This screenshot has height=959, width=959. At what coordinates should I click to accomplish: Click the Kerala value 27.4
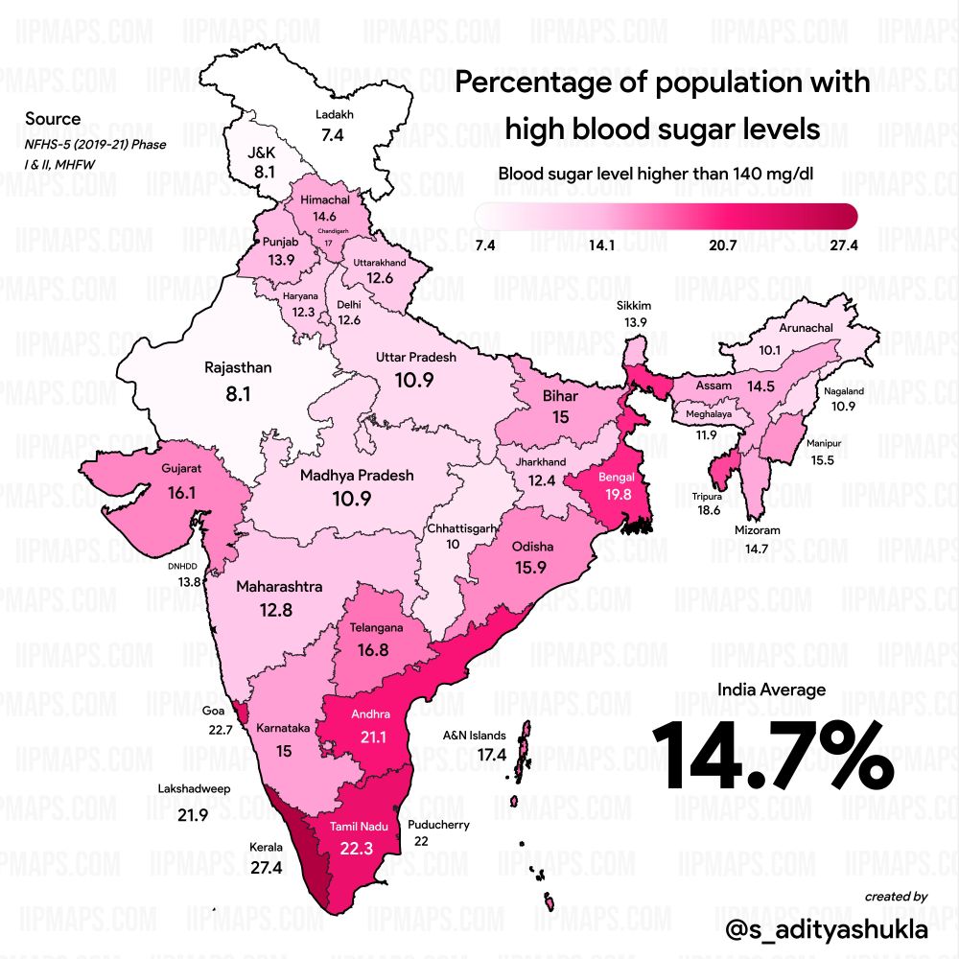pos(266,868)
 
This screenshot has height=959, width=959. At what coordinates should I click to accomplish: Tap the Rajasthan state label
pos(239,367)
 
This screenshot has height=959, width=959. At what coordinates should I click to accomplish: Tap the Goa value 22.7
pos(221,730)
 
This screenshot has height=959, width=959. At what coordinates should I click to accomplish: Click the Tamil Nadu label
pos(358,826)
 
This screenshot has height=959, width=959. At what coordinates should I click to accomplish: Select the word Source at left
pos(53,120)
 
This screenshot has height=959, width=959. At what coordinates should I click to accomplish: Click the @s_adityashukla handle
pos(827,929)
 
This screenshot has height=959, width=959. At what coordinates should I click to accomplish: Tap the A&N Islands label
pos(474,736)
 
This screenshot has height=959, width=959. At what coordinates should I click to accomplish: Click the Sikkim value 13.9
pos(636,322)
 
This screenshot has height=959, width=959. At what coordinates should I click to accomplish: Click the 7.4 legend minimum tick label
pos(485,246)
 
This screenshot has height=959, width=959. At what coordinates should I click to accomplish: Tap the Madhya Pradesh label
pos(357,475)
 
